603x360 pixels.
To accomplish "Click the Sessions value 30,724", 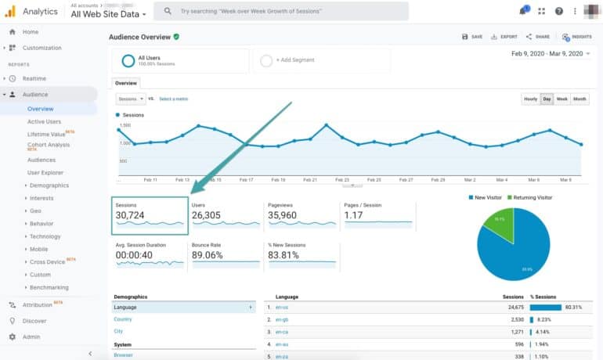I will point(132,215).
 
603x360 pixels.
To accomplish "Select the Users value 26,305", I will point(206,215).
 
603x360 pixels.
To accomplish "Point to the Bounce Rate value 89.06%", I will point(207,255).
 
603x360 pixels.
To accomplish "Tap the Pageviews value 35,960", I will point(282,215).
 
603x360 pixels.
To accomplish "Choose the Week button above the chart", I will point(562,99).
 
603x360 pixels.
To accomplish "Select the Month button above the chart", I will point(580,99).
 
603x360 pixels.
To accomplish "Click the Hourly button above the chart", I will point(530,99).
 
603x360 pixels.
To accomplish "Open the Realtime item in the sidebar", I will point(34,78).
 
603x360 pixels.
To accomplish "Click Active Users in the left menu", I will point(44,121).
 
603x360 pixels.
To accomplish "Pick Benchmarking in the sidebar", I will point(49,287).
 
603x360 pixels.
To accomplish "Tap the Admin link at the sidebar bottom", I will point(31,337).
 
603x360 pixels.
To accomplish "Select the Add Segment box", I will point(294,60).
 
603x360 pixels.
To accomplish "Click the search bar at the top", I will point(282,11).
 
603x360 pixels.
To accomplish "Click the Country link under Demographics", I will point(123,319).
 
